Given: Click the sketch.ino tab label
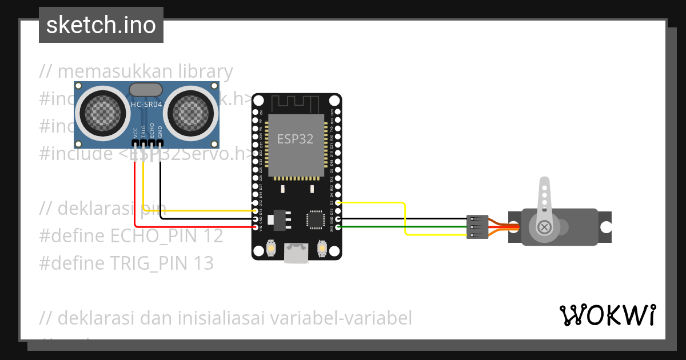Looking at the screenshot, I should tap(101, 25).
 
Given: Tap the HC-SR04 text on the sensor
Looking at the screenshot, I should tap(146, 105).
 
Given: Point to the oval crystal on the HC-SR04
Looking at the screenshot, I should tap(146, 89).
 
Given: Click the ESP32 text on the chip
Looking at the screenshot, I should tap(295, 138).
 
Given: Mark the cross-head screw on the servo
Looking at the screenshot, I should tap(544, 227).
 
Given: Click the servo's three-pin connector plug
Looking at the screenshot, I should tap(477, 227).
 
